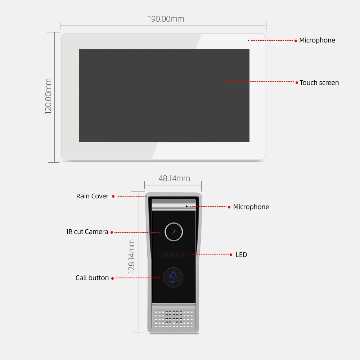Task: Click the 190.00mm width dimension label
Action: [x=166, y=19]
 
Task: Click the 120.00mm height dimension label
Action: [x=48, y=96]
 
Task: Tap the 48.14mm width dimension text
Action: [x=174, y=178]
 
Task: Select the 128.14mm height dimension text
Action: [x=132, y=257]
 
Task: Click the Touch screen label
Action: [x=319, y=83]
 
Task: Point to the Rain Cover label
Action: [x=92, y=196]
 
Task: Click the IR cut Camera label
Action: [x=87, y=232]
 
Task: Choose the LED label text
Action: [x=241, y=255]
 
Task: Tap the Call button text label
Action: [x=92, y=278]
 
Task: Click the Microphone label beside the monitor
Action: [x=317, y=40]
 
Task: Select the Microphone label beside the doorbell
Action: [x=251, y=207]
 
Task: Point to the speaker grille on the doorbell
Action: [x=174, y=318]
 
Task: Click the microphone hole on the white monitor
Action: [x=249, y=40]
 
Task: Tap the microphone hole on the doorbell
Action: [x=186, y=206]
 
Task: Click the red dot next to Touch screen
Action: [x=297, y=83]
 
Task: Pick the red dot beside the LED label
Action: [x=231, y=255]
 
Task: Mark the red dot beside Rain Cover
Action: [x=113, y=197]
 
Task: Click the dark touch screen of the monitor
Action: [x=164, y=96]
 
